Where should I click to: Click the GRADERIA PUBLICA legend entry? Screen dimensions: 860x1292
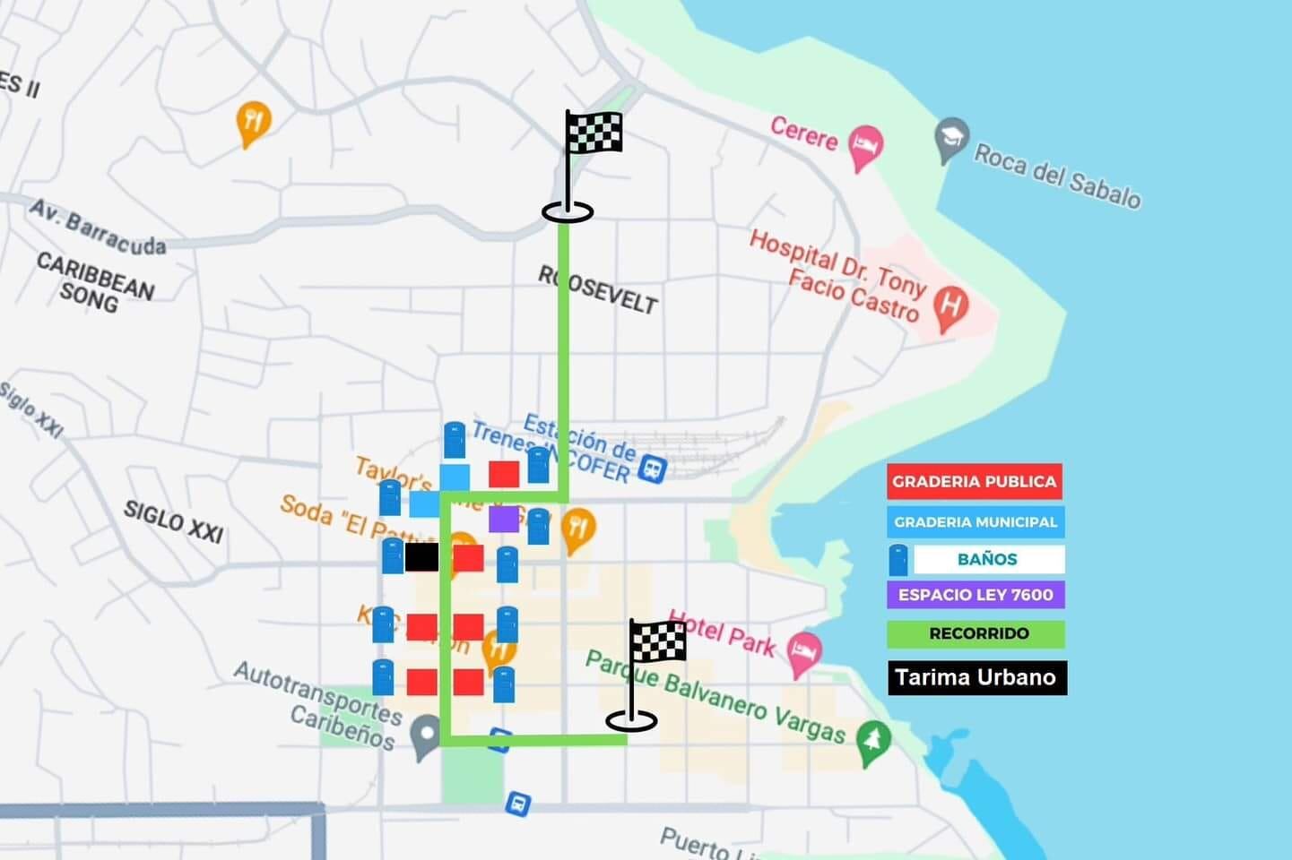(x=975, y=481)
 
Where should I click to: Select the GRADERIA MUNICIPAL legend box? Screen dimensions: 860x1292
(x=976, y=521)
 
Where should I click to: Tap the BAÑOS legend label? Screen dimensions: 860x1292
(x=987, y=559)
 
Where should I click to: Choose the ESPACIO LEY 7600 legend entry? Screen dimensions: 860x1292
(x=976, y=595)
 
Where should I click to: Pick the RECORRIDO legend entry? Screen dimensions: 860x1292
(x=976, y=633)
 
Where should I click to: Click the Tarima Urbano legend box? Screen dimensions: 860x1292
(x=977, y=677)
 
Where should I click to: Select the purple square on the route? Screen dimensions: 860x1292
(x=504, y=519)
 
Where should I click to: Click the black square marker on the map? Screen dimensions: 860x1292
(x=421, y=557)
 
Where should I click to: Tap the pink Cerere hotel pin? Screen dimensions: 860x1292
(x=865, y=146)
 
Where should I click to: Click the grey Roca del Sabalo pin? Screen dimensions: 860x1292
(x=951, y=139)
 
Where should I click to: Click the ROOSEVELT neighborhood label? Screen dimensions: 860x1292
(x=598, y=288)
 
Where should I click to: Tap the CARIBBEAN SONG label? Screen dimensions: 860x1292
(x=94, y=281)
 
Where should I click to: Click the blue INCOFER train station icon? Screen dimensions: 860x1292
(x=652, y=468)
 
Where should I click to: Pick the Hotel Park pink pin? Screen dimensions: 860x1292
(x=803, y=651)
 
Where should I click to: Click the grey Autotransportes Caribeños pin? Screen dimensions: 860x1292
(x=425, y=737)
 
